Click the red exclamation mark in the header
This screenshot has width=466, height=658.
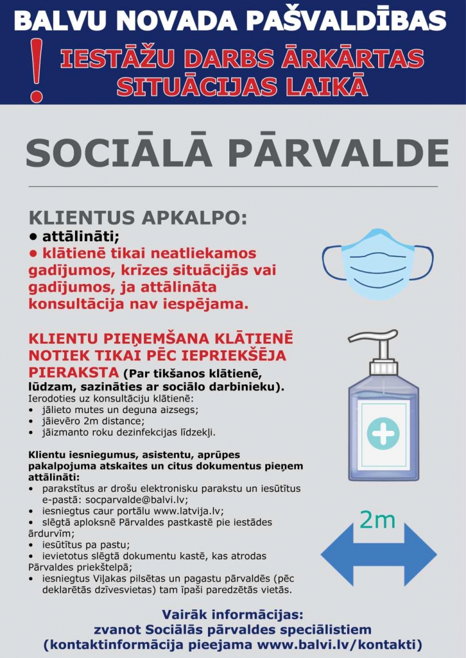click(x=37, y=70)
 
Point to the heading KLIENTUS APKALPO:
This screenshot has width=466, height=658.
click(x=138, y=218)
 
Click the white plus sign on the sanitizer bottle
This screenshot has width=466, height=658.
click(x=384, y=434)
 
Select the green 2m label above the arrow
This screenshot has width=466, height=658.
click(x=378, y=520)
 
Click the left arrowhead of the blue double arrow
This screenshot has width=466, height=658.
click(x=339, y=555)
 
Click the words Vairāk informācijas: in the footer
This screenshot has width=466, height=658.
click(x=232, y=615)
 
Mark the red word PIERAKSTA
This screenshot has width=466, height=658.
click(x=74, y=372)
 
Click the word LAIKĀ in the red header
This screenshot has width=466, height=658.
click(x=332, y=86)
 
